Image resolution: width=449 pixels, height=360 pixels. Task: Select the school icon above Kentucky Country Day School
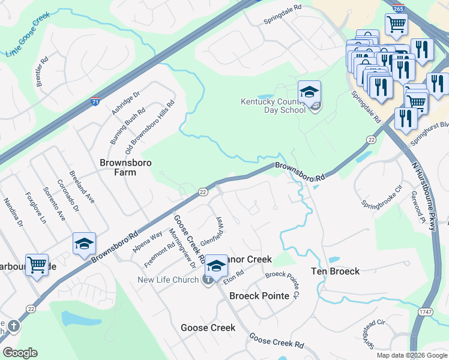309,92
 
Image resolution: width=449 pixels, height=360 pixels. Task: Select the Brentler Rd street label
42,71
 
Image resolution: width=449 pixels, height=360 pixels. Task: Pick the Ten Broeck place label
335,271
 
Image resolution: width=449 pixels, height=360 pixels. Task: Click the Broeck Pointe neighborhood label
259,296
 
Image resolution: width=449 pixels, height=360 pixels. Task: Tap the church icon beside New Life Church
208,280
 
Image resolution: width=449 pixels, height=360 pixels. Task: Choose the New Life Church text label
168,280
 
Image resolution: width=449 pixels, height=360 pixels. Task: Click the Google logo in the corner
20,352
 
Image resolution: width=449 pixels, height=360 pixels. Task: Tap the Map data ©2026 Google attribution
411,355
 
